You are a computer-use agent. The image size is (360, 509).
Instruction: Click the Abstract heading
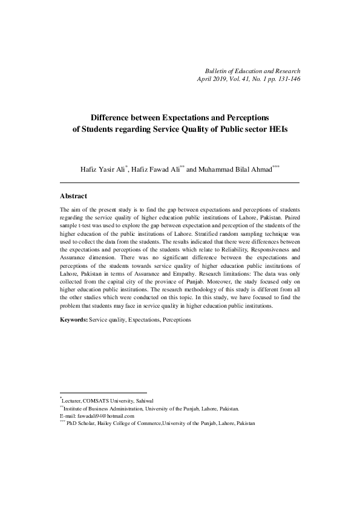click(74, 196)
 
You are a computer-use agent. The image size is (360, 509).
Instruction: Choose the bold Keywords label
click(74, 320)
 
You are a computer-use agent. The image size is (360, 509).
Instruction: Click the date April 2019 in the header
click(212, 79)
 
